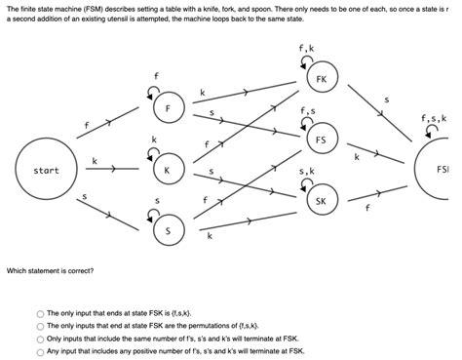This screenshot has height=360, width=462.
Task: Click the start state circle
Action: pos(46,171)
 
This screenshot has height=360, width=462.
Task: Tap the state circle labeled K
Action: pos(167,170)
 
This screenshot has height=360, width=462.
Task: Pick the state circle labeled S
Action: pos(168,230)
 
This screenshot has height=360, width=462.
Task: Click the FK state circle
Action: pos(321,78)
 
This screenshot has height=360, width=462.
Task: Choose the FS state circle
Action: pos(321,140)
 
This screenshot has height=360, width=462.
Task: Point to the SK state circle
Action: pos(321,202)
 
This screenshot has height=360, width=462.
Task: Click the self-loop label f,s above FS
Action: pos(308,110)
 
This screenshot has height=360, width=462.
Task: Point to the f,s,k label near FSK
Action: pos(433,119)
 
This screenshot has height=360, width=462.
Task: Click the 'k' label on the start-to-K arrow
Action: pos(95,159)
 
